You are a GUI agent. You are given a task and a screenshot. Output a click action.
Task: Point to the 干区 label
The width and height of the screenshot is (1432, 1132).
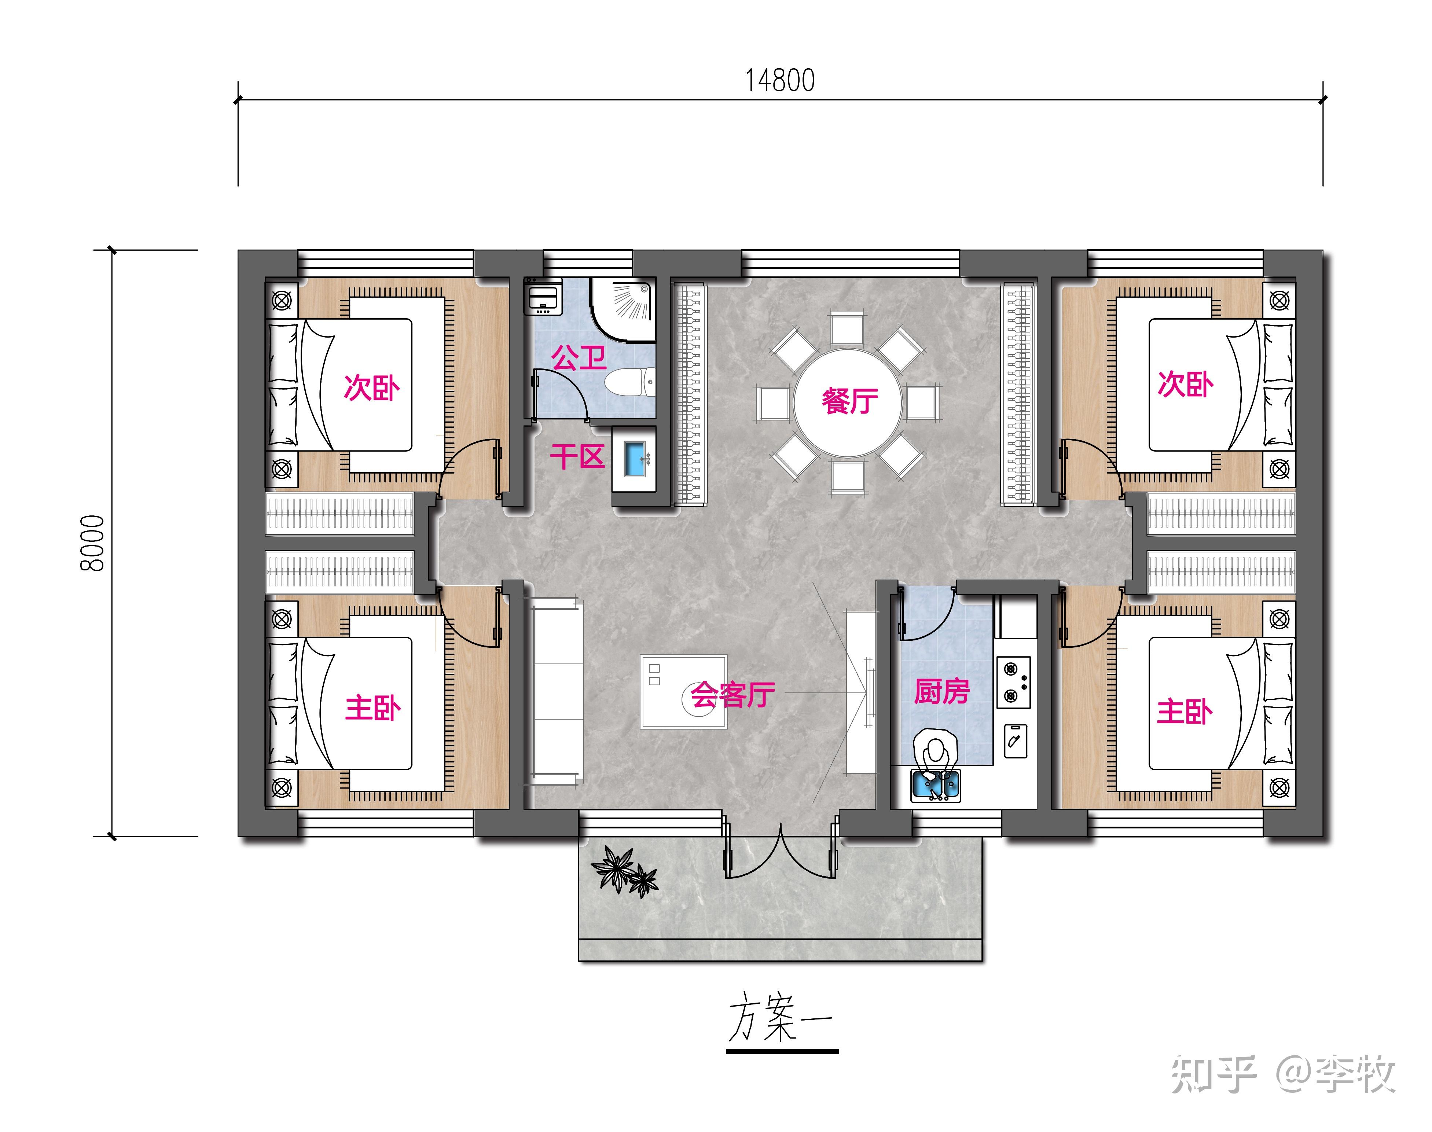577,457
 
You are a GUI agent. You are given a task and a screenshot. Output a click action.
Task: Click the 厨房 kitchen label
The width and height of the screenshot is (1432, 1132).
941,691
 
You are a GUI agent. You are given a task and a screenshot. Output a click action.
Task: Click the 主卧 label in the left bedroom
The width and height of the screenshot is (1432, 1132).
372,708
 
